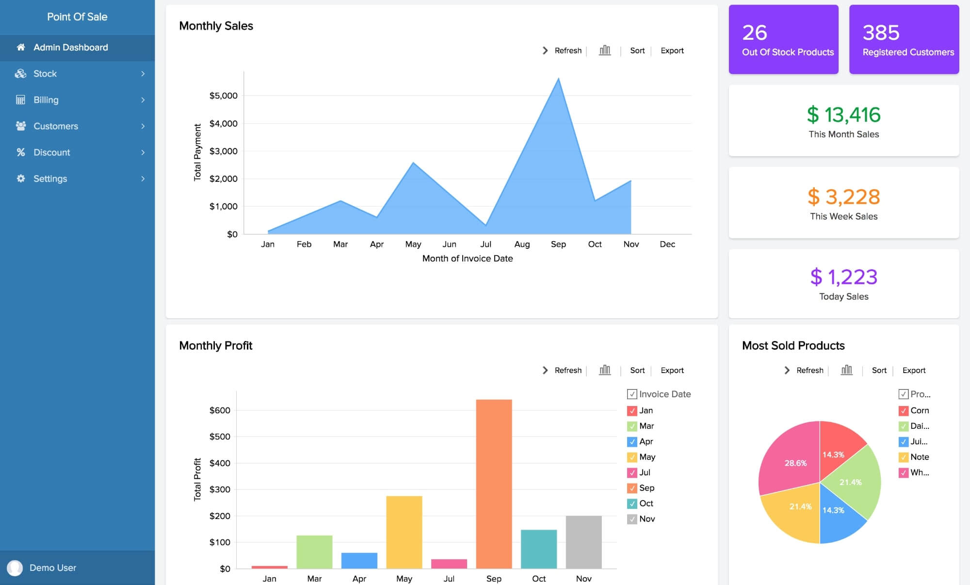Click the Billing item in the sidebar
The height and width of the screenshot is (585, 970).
click(x=46, y=100)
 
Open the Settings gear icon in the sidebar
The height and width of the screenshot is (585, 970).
click(x=21, y=179)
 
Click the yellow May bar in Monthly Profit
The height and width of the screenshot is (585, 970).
click(x=404, y=532)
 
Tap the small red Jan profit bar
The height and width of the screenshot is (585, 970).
click(x=270, y=567)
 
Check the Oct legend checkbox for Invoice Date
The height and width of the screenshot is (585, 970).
click(x=632, y=504)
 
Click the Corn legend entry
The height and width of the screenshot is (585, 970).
click(x=919, y=410)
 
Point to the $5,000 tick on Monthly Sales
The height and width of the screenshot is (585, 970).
click(x=223, y=96)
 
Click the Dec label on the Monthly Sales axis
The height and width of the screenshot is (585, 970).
click(x=667, y=244)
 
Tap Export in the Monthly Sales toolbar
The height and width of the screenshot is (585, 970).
click(x=672, y=50)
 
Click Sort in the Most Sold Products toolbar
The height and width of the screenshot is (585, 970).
click(x=879, y=370)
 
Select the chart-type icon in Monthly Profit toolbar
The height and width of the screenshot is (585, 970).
click(x=605, y=370)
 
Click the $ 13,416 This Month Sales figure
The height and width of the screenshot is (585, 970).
click(x=843, y=115)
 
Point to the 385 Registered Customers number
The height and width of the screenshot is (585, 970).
click(x=881, y=33)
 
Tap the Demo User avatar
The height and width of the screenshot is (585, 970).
click(x=15, y=568)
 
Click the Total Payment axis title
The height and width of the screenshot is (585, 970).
click(x=197, y=152)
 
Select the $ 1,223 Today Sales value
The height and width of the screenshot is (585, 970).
click(x=843, y=277)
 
